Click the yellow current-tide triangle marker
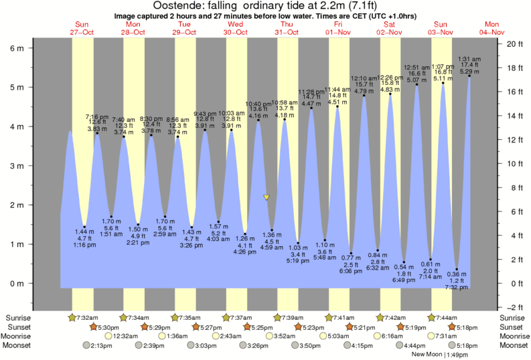tap(267, 197)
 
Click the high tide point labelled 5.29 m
tap(469, 76)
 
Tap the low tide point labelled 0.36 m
tap(457, 269)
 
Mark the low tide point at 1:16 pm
tap(84, 227)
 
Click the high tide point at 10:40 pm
tap(258, 120)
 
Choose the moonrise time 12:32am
tap(105, 336)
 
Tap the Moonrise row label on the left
tap(21, 336)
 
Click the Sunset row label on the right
tap(513, 327)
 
